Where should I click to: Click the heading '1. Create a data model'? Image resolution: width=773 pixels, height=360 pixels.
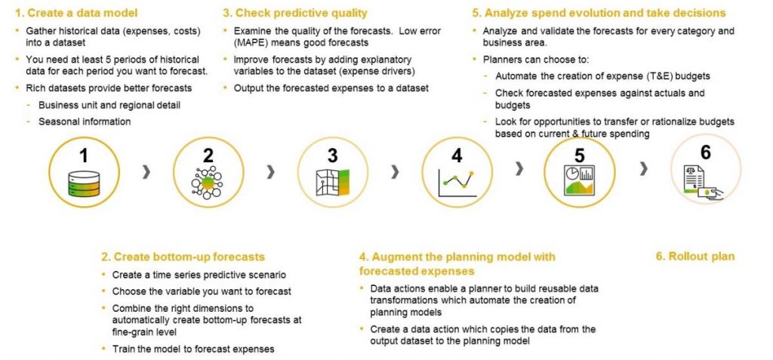point(73,13)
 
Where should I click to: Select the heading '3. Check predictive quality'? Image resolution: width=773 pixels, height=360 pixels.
point(294,13)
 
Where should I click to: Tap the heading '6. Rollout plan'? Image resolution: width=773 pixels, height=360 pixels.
point(694,256)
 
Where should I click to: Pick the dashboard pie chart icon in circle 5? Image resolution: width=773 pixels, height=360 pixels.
point(579,182)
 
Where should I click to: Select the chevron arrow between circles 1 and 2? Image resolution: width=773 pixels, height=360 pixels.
point(146,173)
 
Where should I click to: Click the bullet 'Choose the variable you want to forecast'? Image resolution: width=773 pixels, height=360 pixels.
point(202,291)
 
